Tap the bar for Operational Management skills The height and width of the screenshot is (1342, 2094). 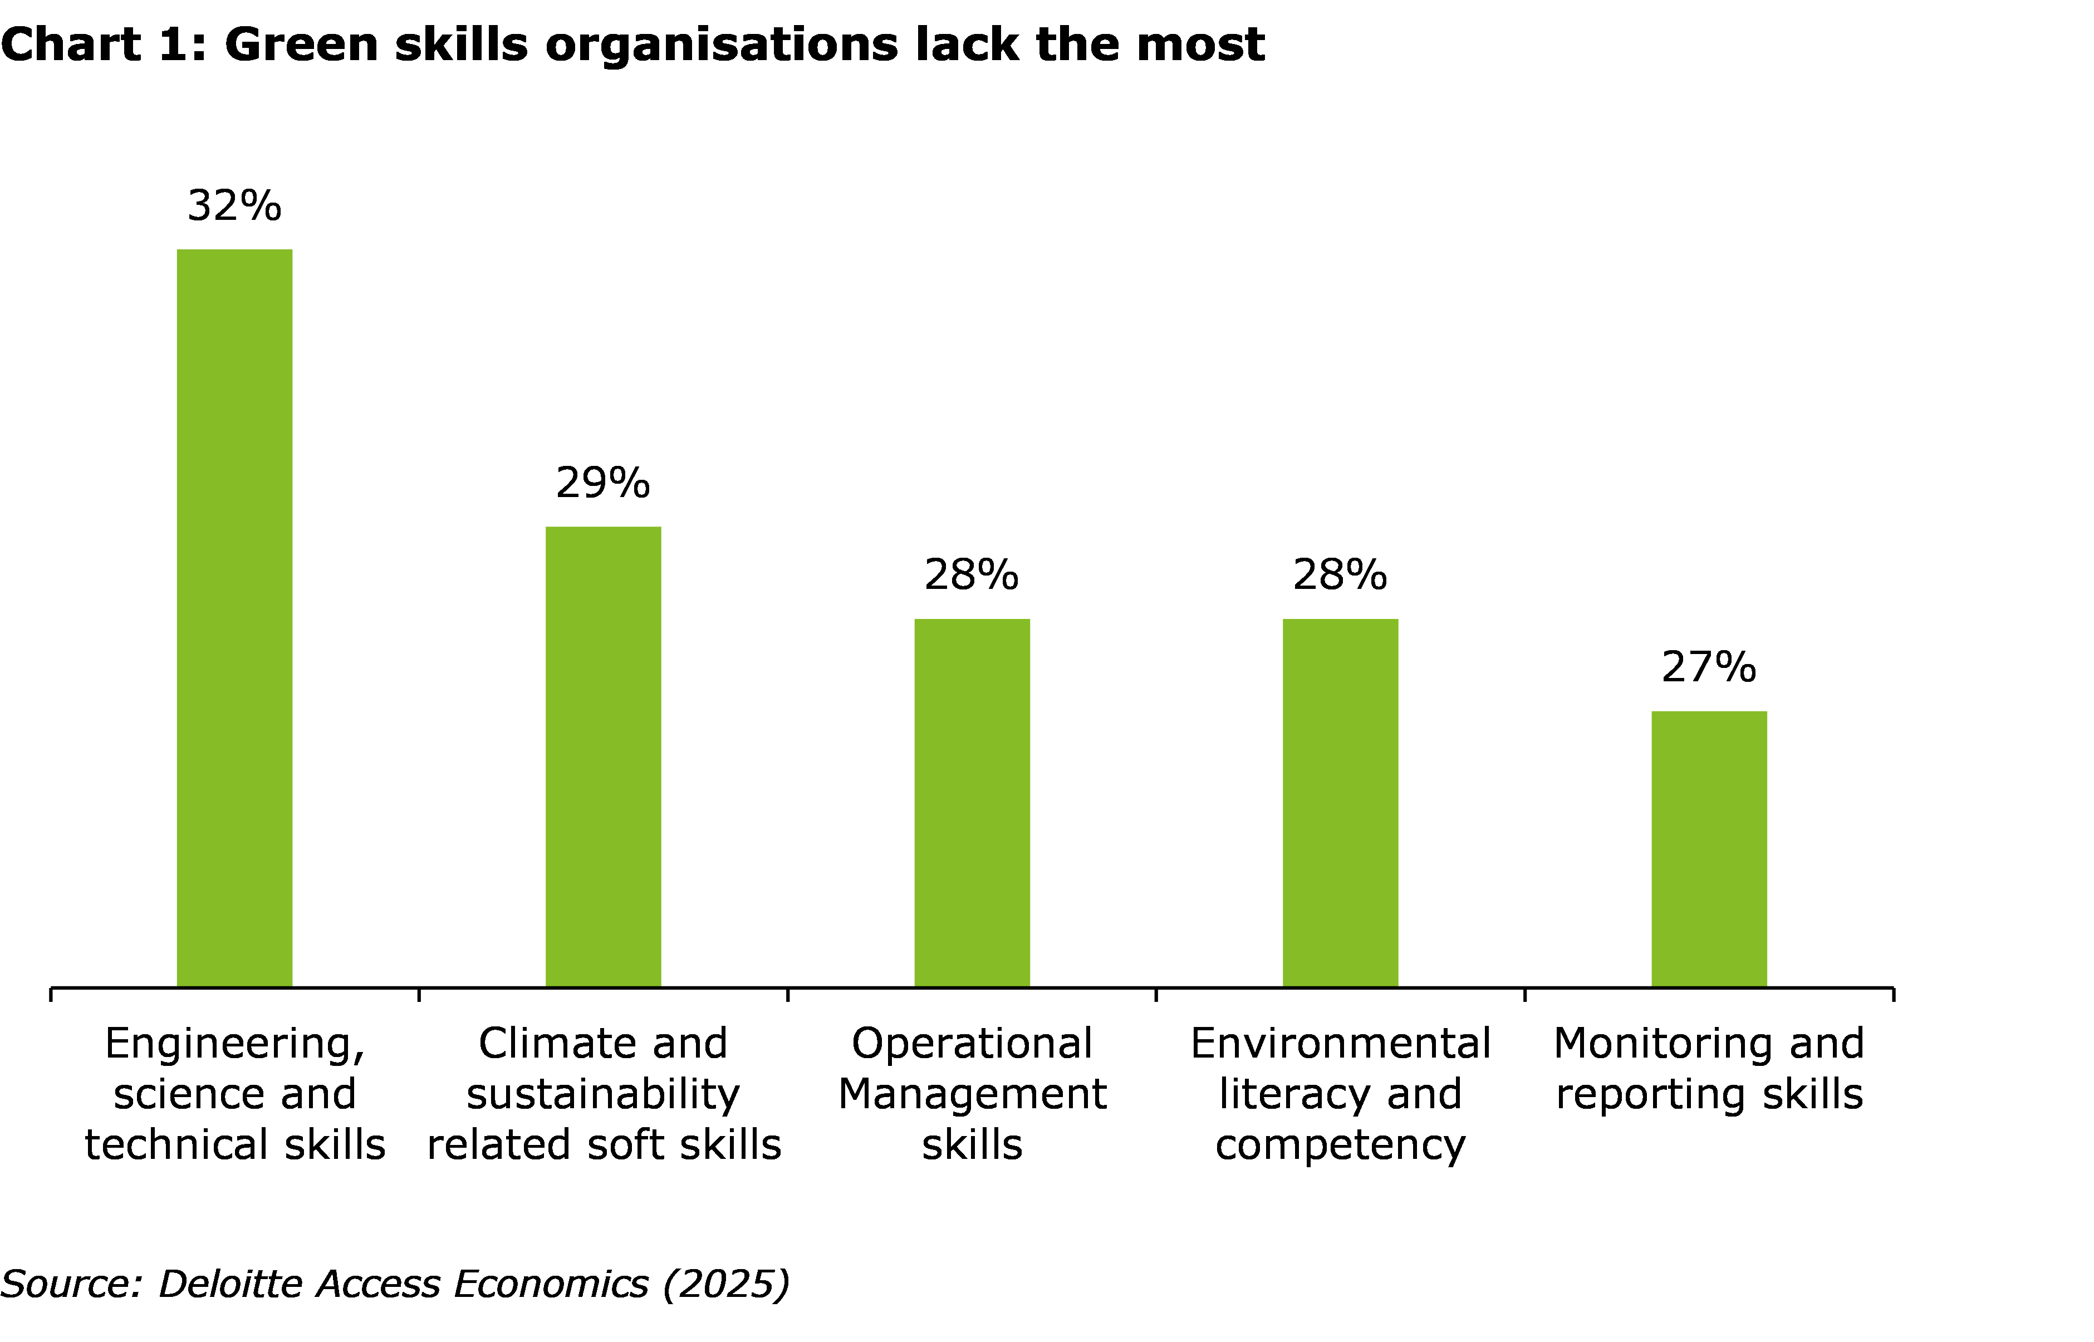pyautogui.click(x=972, y=803)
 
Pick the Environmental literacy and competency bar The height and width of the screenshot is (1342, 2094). pyautogui.click(x=1340, y=803)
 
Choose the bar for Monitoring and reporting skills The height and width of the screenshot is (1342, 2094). pyautogui.click(x=1709, y=849)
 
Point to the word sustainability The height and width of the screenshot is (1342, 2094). pyautogui.click(x=603, y=1094)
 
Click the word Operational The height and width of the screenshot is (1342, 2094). pyautogui.click(x=972, y=1044)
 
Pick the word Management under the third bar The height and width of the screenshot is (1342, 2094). pyautogui.click(x=972, y=1094)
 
